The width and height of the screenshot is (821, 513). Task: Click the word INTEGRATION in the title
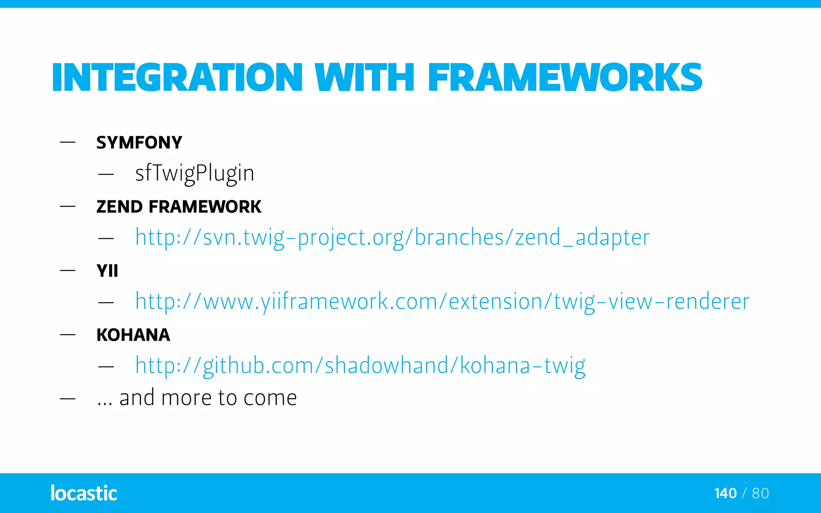177,77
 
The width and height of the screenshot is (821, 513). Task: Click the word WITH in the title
364,77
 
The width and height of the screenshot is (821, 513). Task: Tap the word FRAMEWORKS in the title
564,77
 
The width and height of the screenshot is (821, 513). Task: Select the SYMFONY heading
139,143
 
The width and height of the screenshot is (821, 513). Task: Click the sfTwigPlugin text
194,173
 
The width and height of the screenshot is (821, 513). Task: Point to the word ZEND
119,207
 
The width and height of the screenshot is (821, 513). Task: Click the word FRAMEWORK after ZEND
205,207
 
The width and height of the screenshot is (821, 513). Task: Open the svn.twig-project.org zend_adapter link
392,237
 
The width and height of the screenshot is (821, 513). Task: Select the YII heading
107,271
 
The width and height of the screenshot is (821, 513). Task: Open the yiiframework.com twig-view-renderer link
442,301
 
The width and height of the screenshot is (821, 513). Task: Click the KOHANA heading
133,335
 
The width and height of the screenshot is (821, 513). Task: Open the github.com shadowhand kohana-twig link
360,366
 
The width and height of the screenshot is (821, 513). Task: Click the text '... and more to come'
196,398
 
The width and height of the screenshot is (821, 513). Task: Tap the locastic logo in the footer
84,493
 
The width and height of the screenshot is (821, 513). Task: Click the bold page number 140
725,493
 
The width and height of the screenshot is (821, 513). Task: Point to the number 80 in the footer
760,493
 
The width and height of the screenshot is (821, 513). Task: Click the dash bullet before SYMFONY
68,142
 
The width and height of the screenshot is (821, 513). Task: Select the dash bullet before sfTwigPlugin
106,174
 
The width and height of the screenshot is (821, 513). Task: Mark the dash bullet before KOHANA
68,335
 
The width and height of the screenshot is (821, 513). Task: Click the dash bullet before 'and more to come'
68,399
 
